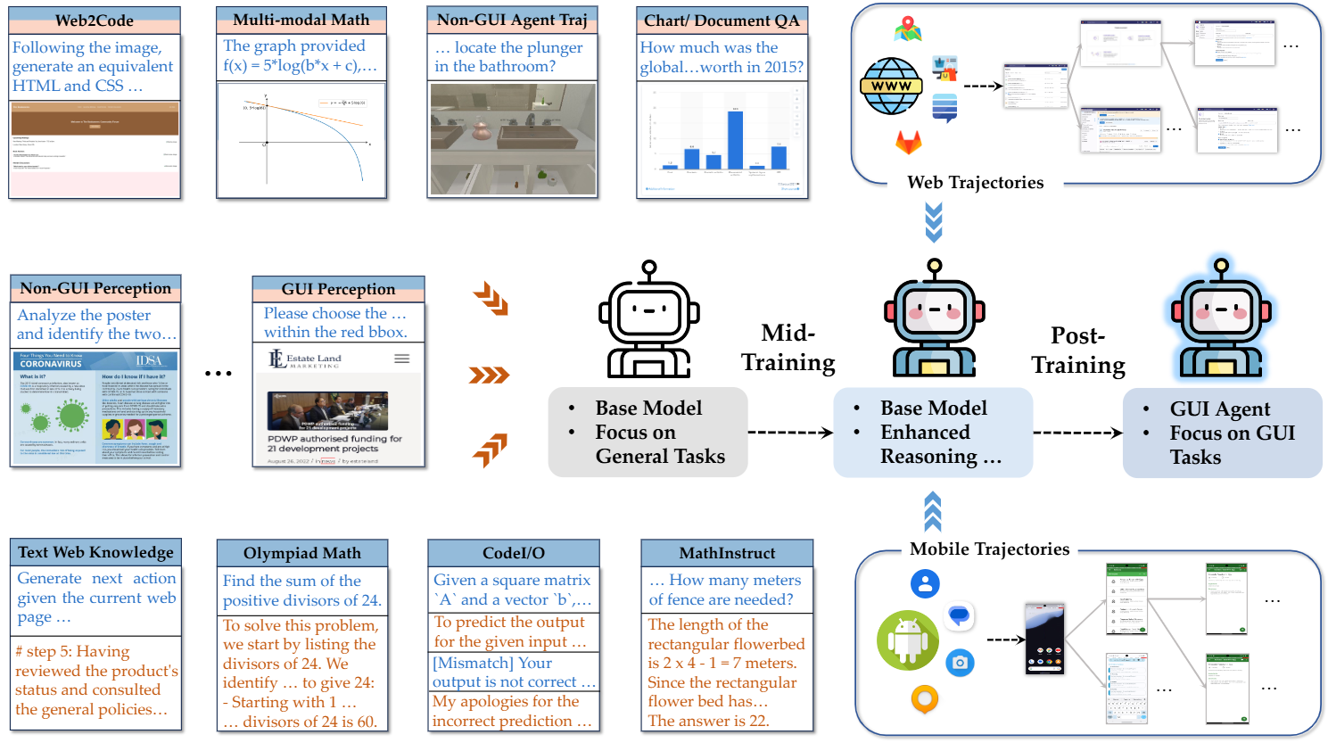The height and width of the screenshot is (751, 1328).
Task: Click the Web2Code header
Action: pos(95,21)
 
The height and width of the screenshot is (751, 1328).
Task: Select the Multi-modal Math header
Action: pos(301,20)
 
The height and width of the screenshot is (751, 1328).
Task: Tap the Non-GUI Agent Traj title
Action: pos(512,20)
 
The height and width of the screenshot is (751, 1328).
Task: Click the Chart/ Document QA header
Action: pos(722,21)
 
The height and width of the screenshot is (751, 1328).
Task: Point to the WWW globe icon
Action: pos(891,86)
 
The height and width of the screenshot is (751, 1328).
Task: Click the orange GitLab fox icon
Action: pos(908,142)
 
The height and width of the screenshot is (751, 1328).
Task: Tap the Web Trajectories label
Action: pos(975,182)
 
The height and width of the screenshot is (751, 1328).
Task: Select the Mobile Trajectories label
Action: pos(989,549)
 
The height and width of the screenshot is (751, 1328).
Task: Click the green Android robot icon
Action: pos(907,639)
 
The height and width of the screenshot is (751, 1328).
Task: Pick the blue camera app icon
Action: pos(960,663)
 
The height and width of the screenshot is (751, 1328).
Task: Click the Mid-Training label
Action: pos(788,348)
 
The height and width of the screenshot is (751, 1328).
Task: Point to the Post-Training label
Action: pos(1078,351)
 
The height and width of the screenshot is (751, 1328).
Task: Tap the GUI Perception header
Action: pos(338,289)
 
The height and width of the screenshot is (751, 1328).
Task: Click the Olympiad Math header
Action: pos(302,553)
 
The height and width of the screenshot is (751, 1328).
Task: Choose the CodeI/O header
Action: pos(514,553)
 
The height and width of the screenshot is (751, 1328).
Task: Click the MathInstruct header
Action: pos(727,553)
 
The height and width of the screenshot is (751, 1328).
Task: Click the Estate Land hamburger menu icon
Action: pos(402,359)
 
